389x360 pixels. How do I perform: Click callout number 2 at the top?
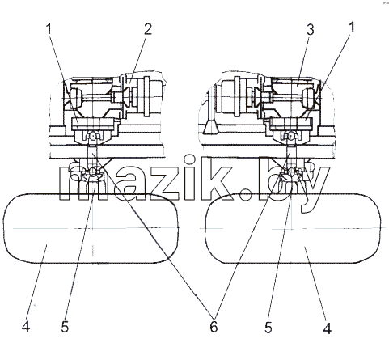point(148,29)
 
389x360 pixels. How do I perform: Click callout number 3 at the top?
point(311,29)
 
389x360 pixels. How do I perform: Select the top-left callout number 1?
point(49,29)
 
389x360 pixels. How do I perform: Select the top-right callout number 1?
point(351,28)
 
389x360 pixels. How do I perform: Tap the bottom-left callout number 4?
point(26,327)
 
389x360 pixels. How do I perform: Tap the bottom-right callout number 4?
point(328,328)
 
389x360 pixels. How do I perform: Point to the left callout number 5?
point(65,327)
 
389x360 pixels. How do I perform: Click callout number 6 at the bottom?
point(214,327)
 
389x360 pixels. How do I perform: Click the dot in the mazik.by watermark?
point(245,194)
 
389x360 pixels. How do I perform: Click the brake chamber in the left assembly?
point(148,96)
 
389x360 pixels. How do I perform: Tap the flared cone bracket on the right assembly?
point(211,126)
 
